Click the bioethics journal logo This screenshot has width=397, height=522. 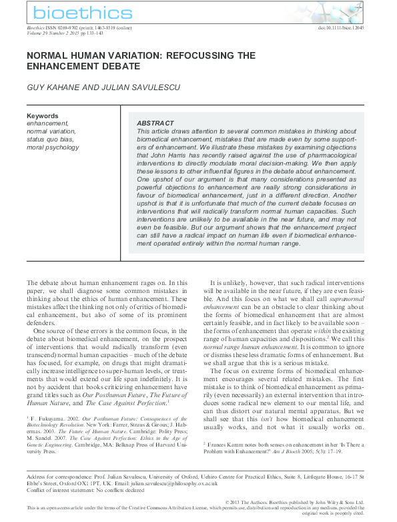(x=73, y=13)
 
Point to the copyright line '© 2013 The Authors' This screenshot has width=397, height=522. (x=248, y=501)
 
